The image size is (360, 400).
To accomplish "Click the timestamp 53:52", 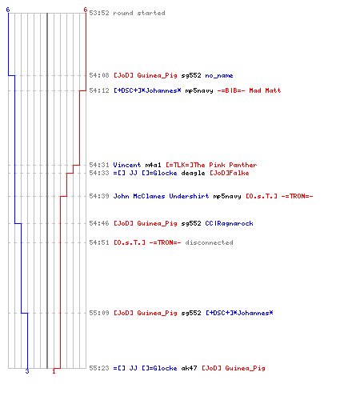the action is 99,13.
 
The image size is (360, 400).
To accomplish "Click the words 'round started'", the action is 139,13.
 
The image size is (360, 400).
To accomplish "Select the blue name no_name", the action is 219,75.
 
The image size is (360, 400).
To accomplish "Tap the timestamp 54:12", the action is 99,90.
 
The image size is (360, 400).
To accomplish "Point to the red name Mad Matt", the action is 265,90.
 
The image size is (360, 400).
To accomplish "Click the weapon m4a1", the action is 153,165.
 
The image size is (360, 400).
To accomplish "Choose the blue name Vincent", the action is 127,165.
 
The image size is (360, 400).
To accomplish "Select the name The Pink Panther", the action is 226,165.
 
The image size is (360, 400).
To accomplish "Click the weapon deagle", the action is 193,173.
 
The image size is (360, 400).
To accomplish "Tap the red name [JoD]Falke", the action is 229,173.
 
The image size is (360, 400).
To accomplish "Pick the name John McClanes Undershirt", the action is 161,196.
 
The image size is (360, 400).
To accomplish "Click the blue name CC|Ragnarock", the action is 229,223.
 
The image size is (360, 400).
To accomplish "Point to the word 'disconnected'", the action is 209,242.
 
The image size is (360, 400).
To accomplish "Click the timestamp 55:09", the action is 99,313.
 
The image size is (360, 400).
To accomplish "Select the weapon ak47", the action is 189,368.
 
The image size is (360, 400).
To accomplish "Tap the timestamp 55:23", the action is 99,368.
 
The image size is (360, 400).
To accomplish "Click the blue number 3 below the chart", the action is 27,371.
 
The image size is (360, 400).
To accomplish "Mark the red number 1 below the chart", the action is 54,371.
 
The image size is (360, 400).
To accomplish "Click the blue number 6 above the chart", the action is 8,10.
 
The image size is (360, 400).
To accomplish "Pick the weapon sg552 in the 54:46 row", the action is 191,223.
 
